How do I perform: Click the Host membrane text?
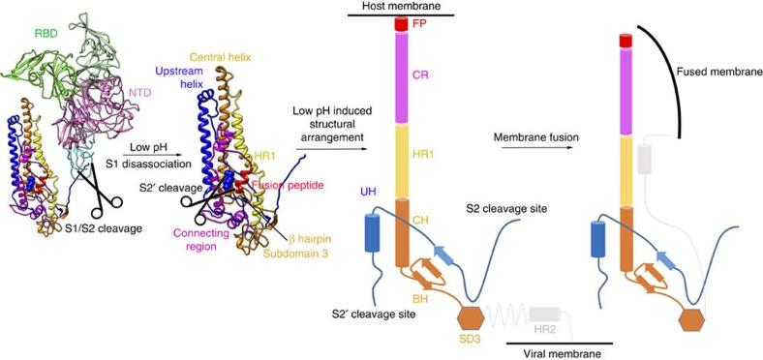pos(402,7)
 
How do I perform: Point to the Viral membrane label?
pos(559,353)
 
